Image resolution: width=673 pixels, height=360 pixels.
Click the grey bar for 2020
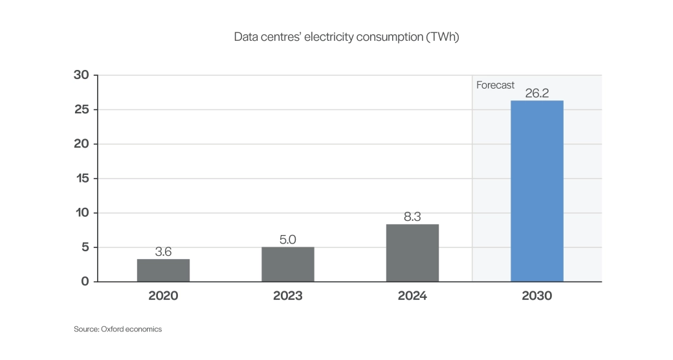(163, 270)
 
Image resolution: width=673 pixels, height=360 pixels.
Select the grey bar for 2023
(288, 264)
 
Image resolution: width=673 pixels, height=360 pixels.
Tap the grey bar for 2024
(412, 253)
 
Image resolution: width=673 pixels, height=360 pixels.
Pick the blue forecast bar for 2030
(536, 191)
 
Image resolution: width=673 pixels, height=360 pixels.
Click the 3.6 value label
(163, 252)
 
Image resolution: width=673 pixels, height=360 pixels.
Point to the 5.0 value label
(288, 240)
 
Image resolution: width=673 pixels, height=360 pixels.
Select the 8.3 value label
(412, 217)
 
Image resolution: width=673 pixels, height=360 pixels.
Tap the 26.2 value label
(536, 93)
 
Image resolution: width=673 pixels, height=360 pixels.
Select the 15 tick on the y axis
(82, 179)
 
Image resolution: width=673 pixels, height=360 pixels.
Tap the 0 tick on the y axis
(85, 282)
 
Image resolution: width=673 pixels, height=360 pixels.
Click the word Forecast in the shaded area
(495, 85)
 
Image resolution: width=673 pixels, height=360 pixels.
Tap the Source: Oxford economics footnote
(118, 329)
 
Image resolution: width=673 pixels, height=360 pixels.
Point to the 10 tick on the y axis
(82, 213)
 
